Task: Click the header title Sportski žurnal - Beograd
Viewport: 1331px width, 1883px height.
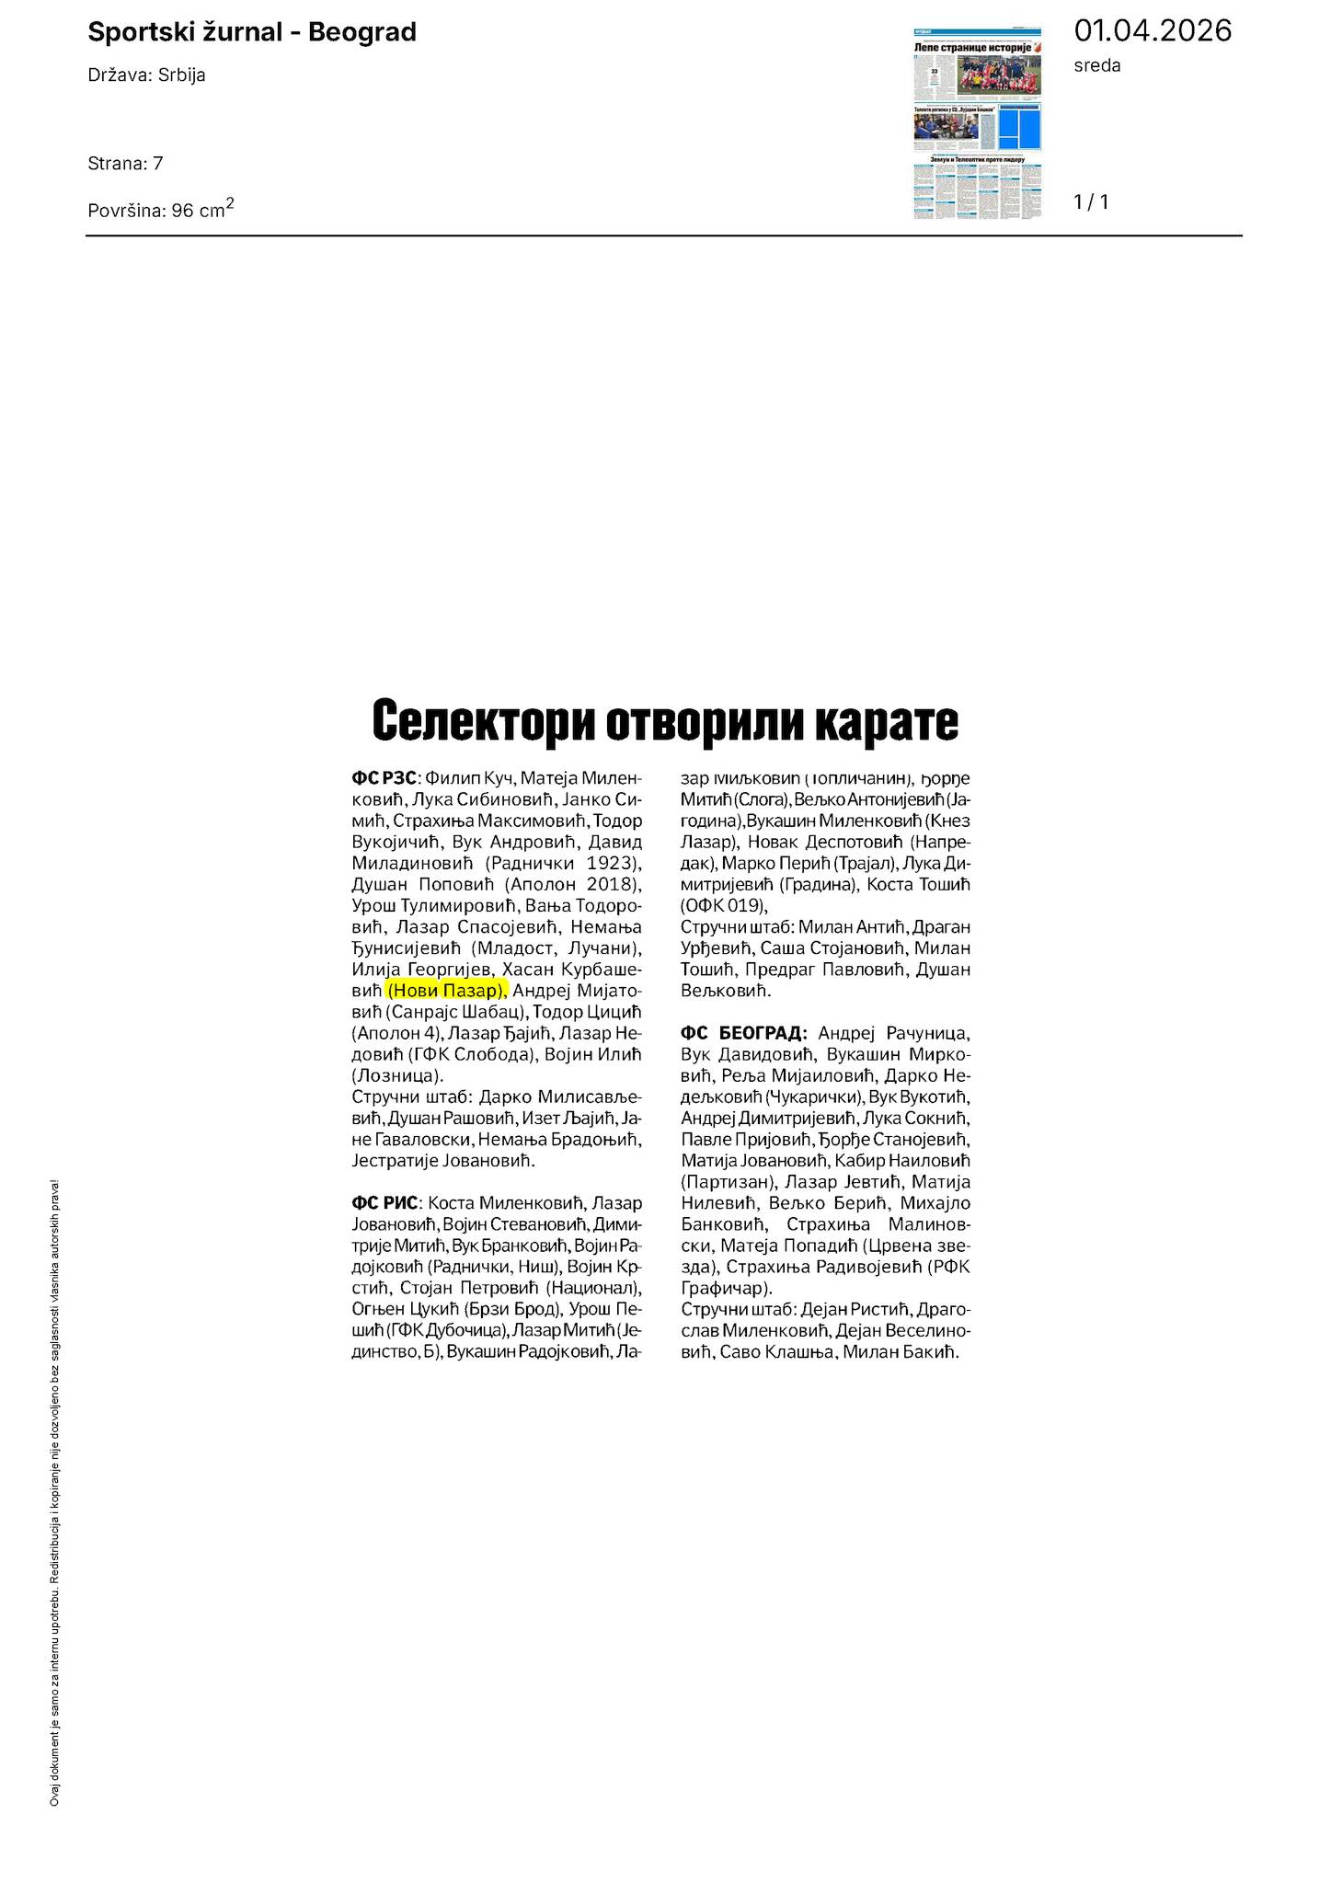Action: click(x=251, y=33)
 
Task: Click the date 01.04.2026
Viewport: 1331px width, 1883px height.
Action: click(x=1152, y=30)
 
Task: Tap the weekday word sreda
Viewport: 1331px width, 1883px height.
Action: click(x=1097, y=65)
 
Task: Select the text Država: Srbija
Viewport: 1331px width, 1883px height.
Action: click(x=146, y=75)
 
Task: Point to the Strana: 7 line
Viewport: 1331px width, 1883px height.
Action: click(x=125, y=164)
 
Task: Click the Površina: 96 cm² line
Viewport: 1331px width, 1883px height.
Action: click(x=160, y=209)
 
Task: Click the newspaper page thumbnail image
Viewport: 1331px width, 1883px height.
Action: click(x=978, y=124)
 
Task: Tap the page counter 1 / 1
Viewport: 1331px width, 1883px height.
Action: click(x=1091, y=202)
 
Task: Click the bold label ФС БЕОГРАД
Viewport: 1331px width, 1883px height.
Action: click(x=744, y=1033)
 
